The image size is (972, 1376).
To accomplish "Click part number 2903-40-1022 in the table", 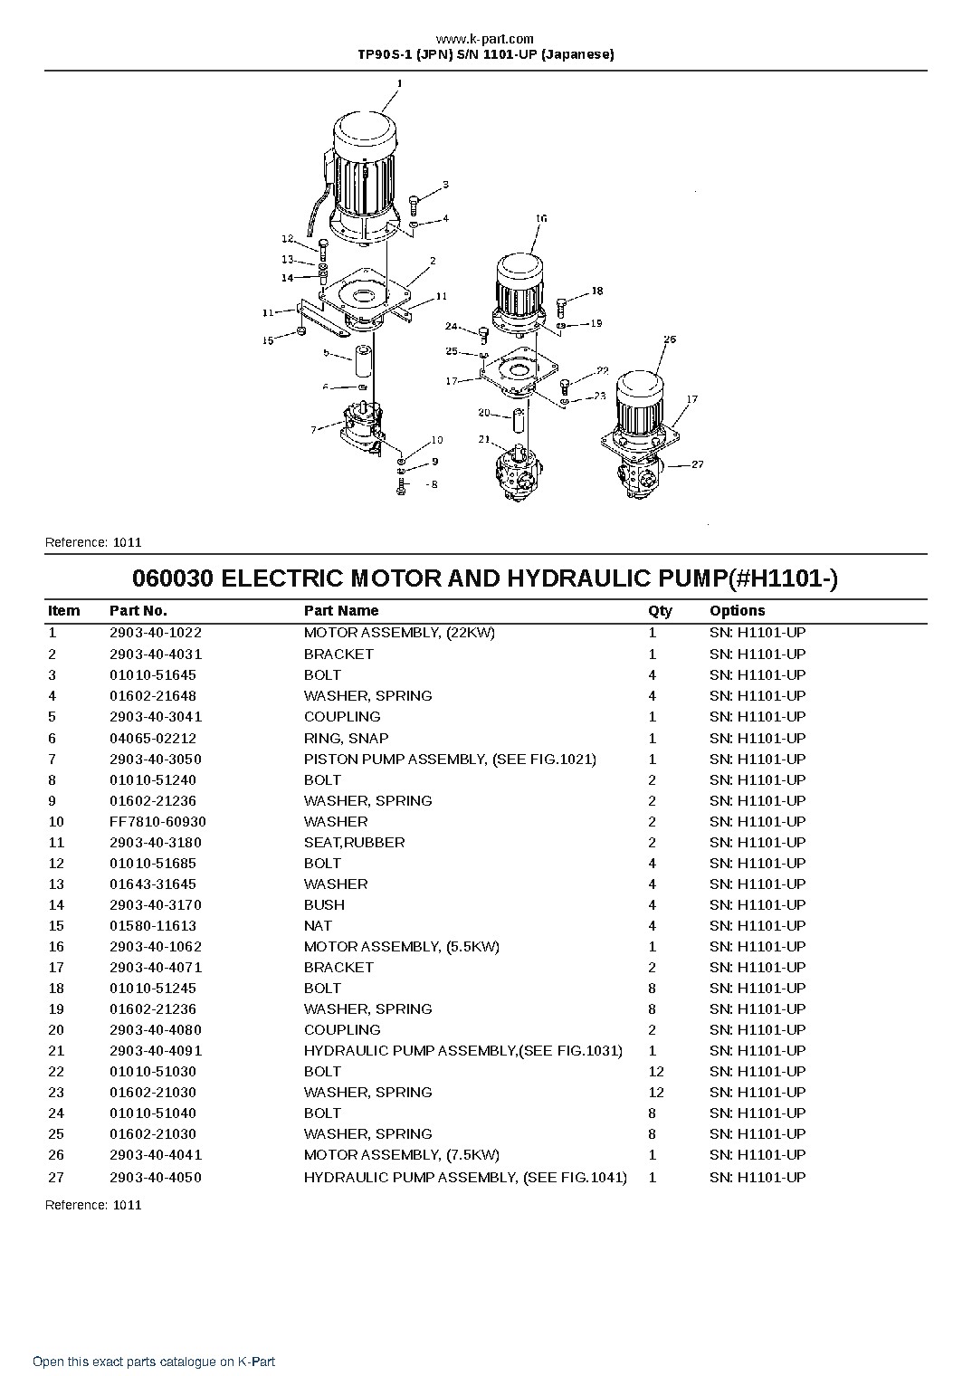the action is (x=156, y=632).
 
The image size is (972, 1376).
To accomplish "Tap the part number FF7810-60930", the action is (x=157, y=821).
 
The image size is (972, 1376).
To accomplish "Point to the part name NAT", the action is (x=318, y=925).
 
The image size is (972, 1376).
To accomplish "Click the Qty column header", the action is (x=660, y=610).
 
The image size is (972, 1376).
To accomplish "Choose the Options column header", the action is (x=738, y=610).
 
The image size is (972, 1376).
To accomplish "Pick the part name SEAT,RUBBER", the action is (x=354, y=842).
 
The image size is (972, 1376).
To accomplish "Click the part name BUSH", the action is (x=324, y=904).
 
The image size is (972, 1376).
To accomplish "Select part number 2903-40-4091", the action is (x=156, y=1050).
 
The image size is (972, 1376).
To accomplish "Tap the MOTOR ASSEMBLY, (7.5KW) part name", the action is (x=402, y=1154).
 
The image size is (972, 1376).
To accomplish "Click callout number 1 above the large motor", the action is (x=400, y=83).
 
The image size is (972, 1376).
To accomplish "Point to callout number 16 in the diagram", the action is (x=541, y=218).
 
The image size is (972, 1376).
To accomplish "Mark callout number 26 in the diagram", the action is (x=670, y=339).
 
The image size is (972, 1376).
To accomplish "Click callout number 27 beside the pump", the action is (x=698, y=464).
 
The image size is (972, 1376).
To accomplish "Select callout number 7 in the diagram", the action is (x=314, y=429).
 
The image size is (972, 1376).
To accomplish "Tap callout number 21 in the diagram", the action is (x=484, y=439).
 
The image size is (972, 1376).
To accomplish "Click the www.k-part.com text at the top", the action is (x=485, y=39).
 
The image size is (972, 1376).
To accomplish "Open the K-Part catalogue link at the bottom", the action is (x=154, y=1362).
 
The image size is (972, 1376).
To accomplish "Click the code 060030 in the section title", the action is (x=173, y=578).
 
